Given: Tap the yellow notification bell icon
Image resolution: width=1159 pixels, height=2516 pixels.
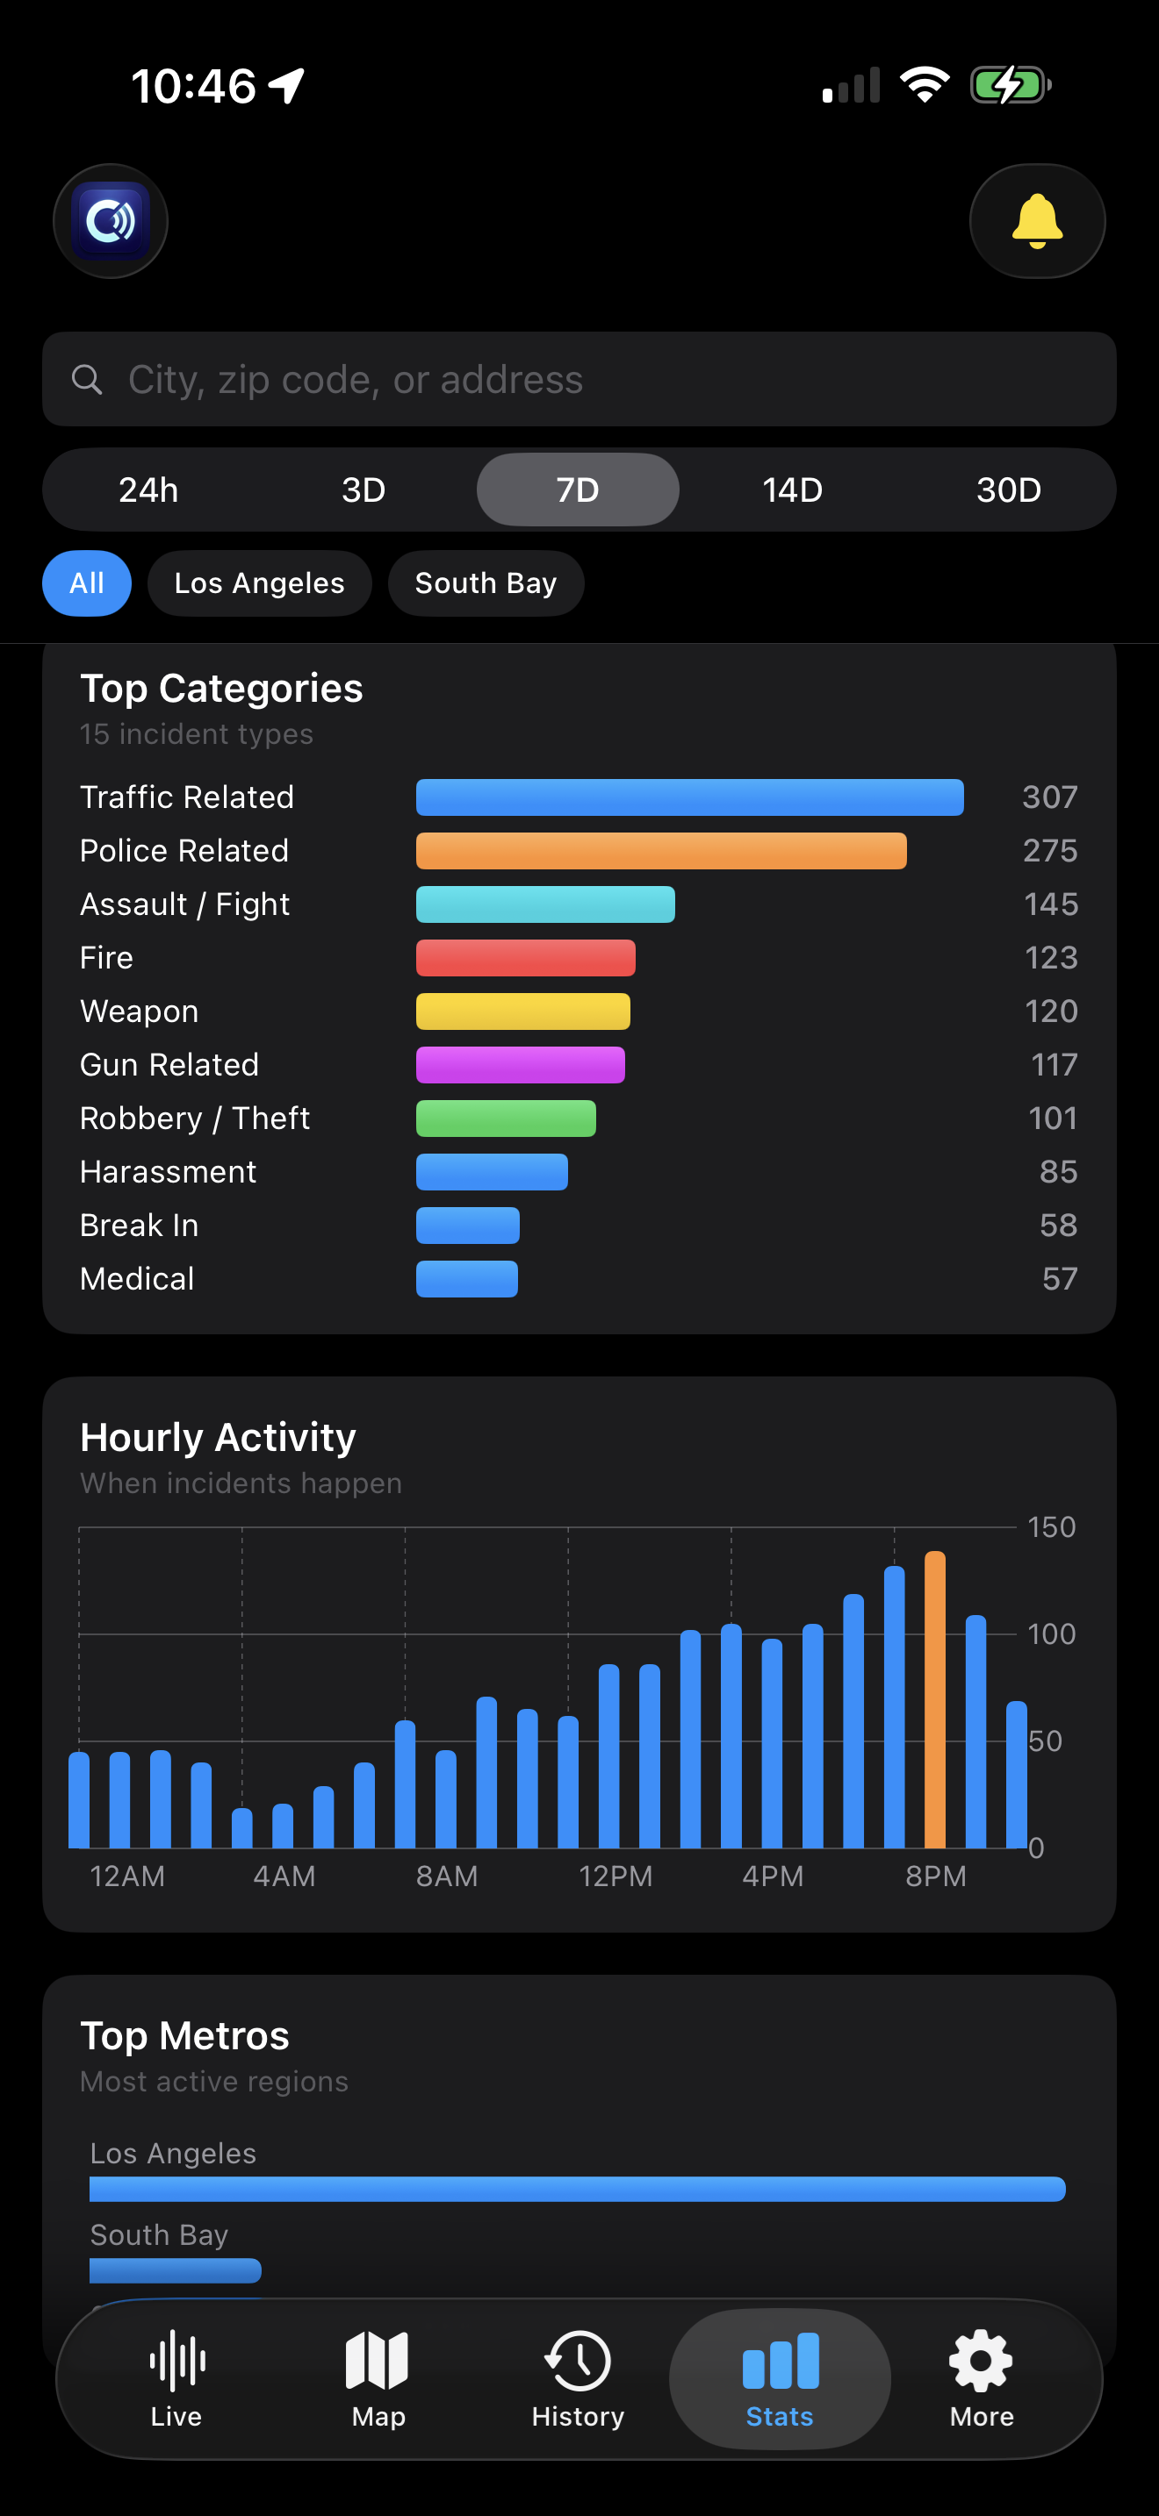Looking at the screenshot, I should (1037, 222).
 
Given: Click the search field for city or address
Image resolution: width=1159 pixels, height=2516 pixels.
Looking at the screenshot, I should (579, 379).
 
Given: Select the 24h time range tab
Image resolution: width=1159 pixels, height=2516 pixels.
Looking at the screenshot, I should (148, 490).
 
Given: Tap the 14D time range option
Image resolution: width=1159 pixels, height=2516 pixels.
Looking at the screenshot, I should (792, 490).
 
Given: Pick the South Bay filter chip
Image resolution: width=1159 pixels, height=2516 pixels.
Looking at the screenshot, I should (486, 583).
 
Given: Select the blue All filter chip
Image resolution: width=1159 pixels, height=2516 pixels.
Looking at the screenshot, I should (87, 583).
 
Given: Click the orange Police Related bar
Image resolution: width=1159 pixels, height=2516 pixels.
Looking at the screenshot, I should (660, 851).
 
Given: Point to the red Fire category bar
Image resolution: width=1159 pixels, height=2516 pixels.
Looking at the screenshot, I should (526, 958).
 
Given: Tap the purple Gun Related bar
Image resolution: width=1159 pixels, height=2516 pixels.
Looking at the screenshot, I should (520, 1065).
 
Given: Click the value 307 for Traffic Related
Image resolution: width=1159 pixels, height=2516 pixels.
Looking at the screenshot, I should (1049, 797).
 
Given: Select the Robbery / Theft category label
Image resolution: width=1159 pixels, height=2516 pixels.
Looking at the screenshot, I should (194, 1119).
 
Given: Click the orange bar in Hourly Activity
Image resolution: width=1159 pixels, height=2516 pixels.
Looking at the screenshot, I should (934, 1699).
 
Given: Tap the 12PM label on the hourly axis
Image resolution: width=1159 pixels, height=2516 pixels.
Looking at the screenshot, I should (615, 1876).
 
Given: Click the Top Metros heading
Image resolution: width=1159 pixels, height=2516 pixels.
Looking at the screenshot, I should (184, 2036).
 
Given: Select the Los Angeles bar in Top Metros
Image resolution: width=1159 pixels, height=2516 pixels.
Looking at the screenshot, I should (577, 2189).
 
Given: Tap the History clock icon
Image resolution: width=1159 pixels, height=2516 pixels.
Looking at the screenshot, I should (578, 2362).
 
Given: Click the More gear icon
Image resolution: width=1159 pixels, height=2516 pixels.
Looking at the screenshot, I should (981, 2362).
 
